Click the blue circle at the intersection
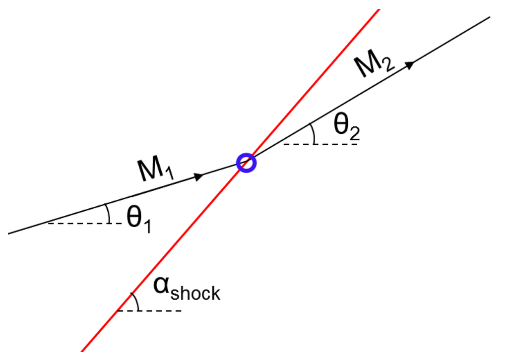click(246, 163)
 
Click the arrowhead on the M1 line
click(199, 176)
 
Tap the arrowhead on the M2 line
click(410, 64)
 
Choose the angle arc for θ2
click(313, 133)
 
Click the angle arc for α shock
click(135, 300)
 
